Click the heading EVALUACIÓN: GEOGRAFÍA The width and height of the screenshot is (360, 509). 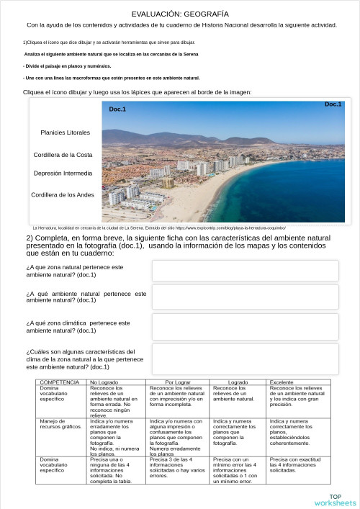[x=180, y=14]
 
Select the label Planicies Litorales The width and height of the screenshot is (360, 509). [x=66, y=132]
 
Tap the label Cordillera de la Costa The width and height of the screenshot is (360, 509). [x=63, y=155]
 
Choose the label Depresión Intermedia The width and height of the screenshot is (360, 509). [x=63, y=174]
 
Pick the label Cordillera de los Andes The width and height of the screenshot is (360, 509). [x=63, y=195]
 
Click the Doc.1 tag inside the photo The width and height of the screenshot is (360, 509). [x=117, y=109]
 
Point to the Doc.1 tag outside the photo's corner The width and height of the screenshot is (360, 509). [x=333, y=104]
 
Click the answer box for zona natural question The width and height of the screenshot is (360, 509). [x=245, y=271]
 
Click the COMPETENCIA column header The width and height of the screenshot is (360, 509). [x=60, y=382]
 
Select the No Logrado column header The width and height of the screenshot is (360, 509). [x=104, y=382]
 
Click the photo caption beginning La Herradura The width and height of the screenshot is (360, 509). [x=159, y=227]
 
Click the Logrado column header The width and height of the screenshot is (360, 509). [x=238, y=382]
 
